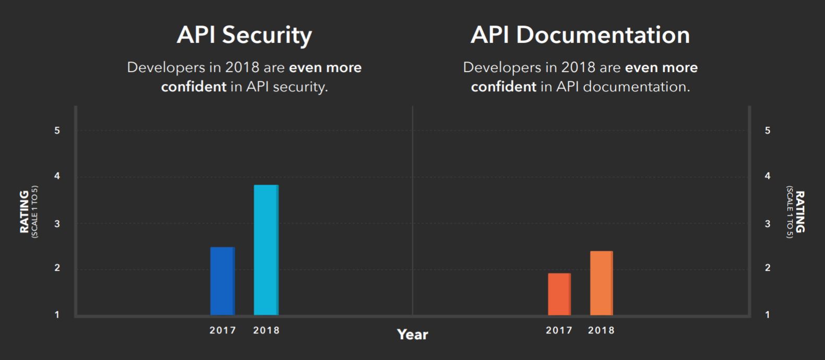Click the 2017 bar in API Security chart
tap(222, 281)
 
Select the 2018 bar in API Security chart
tap(266, 250)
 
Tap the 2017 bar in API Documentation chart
tap(559, 294)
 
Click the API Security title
tap(244, 35)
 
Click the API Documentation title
tap(580, 35)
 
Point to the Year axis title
tap(412, 334)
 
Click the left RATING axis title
tap(25, 211)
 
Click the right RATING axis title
tap(799, 211)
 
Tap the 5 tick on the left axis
tap(57, 130)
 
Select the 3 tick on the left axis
tap(57, 224)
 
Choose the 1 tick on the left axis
tap(57, 315)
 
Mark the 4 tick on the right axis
tap(767, 176)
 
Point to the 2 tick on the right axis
tap(767, 268)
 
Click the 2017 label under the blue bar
tap(223, 330)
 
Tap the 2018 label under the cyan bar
tap(266, 330)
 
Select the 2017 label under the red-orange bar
tap(559, 330)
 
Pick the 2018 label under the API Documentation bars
tap(601, 330)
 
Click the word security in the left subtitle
tap(300, 87)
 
